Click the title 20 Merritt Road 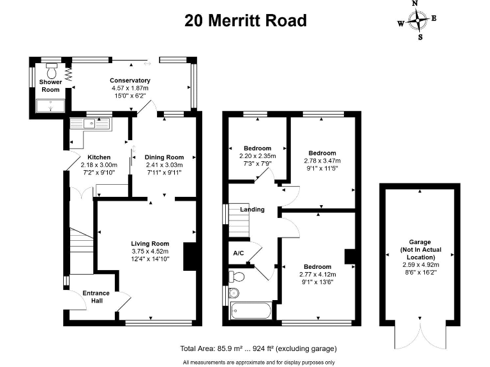pyautogui.click(x=246, y=20)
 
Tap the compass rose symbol pyautogui.click(x=419, y=20)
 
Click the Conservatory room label pyautogui.click(x=130, y=80)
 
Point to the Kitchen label pyautogui.click(x=99, y=157)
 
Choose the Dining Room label pyautogui.click(x=164, y=157)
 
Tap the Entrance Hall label pyautogui.click(x=96, y=297)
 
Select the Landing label pyautogui.click(x=252, y=209)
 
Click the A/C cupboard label pyautogui.click(x=239, y=252)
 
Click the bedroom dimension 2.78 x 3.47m pyautogui.click(x=322, y=161)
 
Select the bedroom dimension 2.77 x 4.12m pyautogui.click(x=317, y=273)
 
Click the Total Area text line pyautogui.click(x=258, y=349)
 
